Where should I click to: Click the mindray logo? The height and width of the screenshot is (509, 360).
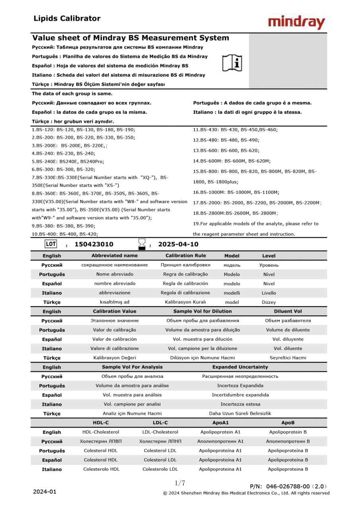point(296,23)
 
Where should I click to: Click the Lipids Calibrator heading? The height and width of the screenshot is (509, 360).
point(67,18)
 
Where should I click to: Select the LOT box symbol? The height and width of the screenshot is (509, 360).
point(51,244)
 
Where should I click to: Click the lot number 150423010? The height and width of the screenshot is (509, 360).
point(94,244)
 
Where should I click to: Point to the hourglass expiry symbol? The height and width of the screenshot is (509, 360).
point(142,244)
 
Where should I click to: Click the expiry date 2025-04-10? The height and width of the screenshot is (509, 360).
point(178,244)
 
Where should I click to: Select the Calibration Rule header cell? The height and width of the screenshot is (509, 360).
point(185,256)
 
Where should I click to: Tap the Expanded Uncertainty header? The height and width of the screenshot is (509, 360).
point(240,367)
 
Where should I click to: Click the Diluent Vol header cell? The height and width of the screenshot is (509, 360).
point(288,311)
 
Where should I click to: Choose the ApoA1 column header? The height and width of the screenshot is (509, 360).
point(221,423)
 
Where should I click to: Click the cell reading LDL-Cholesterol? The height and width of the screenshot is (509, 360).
point(160,432)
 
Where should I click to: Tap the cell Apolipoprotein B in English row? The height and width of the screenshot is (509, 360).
point(288,432)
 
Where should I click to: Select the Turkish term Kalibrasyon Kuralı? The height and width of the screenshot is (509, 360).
point(185,302)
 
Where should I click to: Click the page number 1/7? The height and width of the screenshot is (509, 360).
point(180,483)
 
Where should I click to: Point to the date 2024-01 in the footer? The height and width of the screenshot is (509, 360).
point(45,492)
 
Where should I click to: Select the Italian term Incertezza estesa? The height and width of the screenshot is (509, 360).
point(240,404)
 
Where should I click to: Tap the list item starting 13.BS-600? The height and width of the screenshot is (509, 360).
point(226,151)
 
